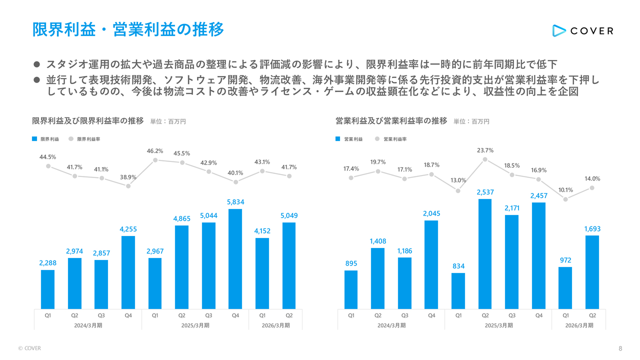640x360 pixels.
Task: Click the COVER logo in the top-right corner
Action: [582, 30]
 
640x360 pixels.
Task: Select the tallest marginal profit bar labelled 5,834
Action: [235, 258]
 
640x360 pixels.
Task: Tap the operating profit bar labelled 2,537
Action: [484, 253]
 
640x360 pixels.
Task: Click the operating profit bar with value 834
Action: [458, 290]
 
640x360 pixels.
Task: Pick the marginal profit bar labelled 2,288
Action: [47, 289]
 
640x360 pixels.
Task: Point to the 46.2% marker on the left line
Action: [155, 160]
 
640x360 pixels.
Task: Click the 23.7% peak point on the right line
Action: [485, 159]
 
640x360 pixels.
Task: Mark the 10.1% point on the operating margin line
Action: [565, 199]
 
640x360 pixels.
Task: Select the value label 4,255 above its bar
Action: [128, 229]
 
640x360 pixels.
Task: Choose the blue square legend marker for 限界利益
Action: [34, 139]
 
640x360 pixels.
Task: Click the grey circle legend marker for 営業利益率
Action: [377, 139]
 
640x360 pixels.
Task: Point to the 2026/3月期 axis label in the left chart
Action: [275, 325]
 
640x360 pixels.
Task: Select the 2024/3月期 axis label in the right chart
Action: [391, 325]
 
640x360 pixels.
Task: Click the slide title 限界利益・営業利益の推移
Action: [128, 29]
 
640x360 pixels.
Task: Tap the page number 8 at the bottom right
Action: [620, 348]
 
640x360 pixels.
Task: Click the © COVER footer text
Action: [29, 348]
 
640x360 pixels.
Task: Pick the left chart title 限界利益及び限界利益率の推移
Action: [88, 121]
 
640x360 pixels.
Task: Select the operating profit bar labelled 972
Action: [565, 287]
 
